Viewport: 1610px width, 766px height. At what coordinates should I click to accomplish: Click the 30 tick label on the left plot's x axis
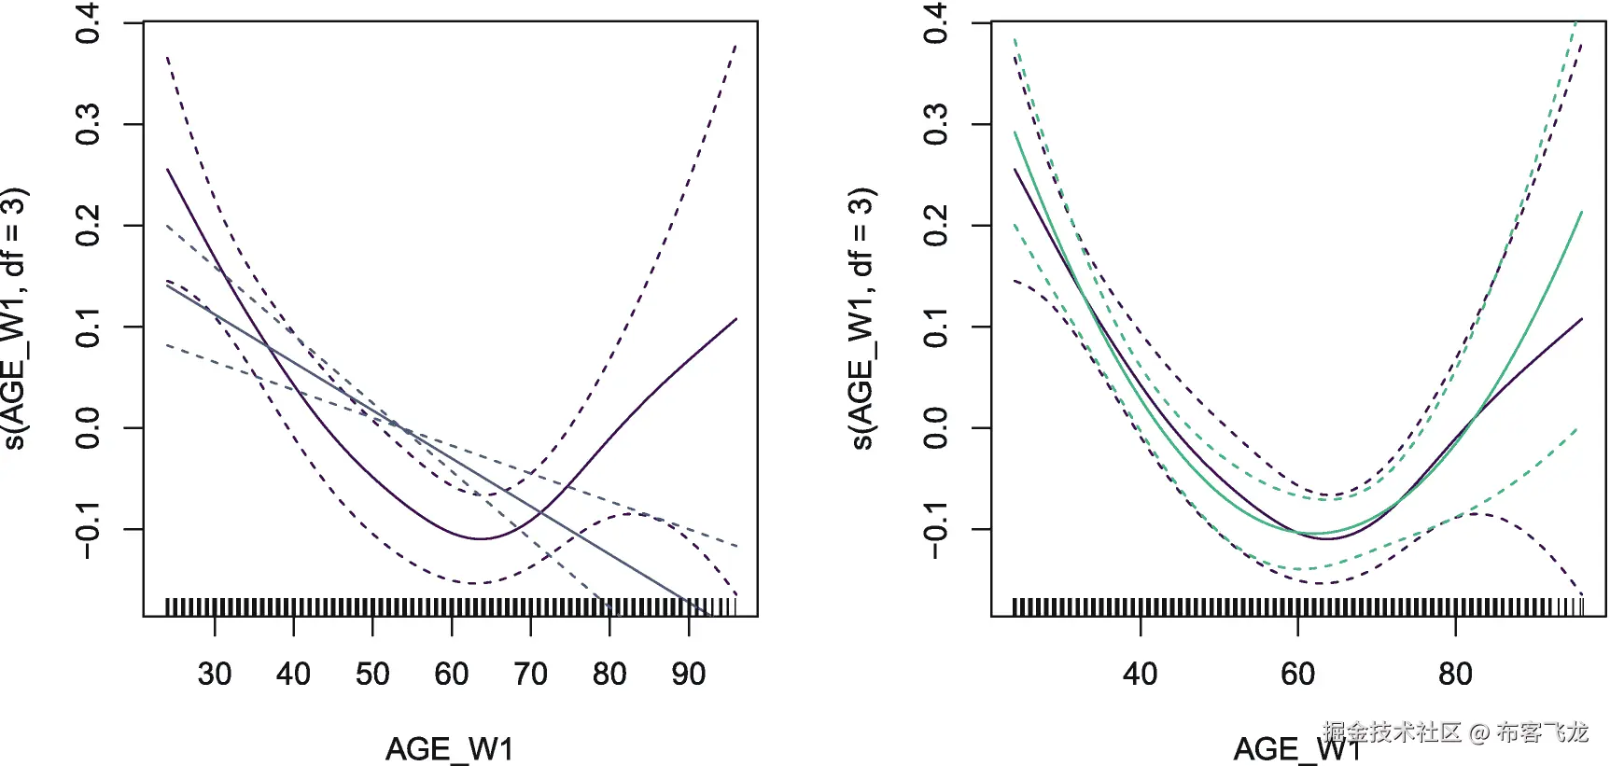coord(215,674)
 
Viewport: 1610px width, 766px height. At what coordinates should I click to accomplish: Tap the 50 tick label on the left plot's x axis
coord(372,674)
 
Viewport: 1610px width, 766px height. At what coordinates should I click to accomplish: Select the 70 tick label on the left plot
coord(530,674)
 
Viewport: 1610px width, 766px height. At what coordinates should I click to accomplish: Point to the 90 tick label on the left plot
coord(689,674)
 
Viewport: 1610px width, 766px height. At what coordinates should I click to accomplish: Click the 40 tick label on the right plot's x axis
coord(1140,674)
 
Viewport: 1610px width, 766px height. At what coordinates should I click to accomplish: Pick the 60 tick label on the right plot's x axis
coord(1297,674)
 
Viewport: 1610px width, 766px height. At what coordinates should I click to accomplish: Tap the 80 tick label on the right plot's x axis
coord(1455,674)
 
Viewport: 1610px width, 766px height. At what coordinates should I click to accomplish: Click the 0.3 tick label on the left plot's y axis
coord(88,124)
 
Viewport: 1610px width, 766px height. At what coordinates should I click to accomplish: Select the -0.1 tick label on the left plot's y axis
coord(88,529)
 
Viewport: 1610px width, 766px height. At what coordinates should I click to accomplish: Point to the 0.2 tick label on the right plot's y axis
coord(935,225)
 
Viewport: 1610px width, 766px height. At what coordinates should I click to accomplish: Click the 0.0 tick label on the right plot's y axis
coord(935,427)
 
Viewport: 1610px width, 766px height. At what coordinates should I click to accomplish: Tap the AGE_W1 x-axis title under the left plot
coord(450,748)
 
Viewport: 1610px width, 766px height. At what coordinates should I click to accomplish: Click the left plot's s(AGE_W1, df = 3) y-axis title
coord(15,319)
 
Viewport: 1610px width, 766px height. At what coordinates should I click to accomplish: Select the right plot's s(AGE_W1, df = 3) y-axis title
coord(862,319)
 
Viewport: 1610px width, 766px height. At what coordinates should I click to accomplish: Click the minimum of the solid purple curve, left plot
coord(479,538)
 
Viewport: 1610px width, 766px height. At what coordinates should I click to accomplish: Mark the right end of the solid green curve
coord(1582,212)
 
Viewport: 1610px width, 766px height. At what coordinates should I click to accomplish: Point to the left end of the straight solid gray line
coord(167,285)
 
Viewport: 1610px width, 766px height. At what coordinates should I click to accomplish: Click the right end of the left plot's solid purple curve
coord(736,319)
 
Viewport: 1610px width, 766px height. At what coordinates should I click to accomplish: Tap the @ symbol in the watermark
coord(1478,733)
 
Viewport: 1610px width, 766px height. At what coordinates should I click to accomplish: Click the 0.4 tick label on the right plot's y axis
coord(935,23)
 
